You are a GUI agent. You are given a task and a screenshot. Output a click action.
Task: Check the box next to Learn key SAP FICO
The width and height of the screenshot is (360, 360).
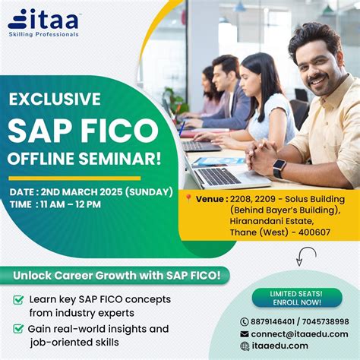18,300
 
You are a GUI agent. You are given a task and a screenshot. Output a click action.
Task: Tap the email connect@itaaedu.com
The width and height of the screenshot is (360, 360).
299,333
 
